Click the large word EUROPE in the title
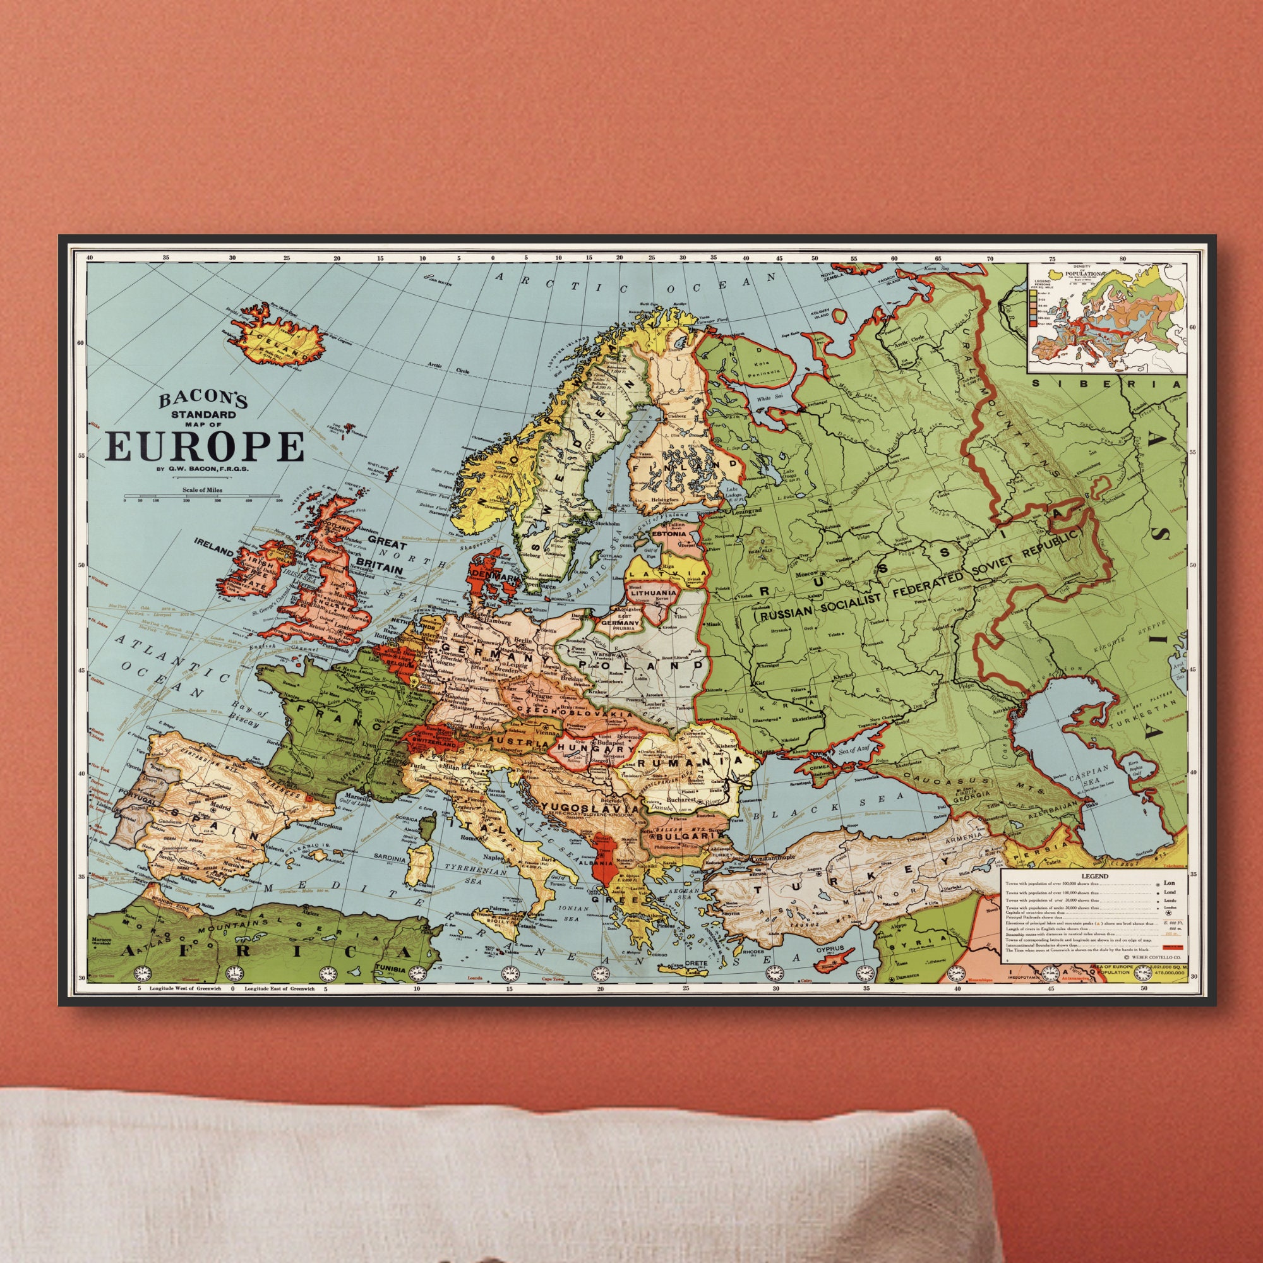205,447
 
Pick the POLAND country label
640,666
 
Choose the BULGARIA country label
683,835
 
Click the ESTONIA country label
669,534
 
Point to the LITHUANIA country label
654,593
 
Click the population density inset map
1106,317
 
